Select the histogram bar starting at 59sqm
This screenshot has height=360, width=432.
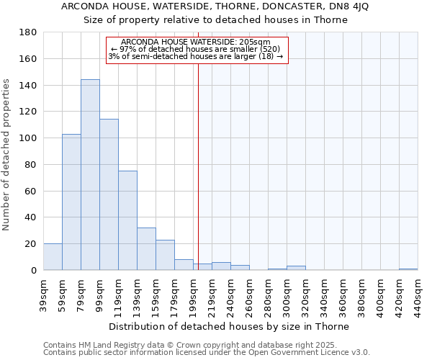click(71, 202)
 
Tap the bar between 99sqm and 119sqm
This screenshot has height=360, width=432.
click(109, 194)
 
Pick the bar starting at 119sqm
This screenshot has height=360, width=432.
click(127, 220)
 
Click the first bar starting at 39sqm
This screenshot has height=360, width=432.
click(53, 257)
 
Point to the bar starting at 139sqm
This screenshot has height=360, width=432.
click(146, 249)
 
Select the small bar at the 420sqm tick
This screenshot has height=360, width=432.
click(408, 269)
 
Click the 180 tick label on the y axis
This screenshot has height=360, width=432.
click(28, 32)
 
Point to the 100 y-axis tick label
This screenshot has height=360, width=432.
click(28, 138)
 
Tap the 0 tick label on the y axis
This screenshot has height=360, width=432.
click(33, 271)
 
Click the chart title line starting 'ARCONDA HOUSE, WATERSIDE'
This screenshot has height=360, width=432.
click(215, 6)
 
